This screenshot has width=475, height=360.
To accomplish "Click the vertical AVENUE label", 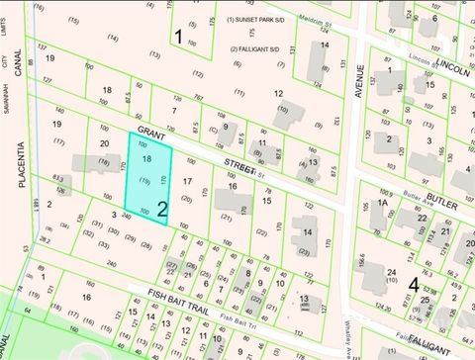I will tap(362, 89).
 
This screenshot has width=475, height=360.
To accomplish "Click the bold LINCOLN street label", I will tap(452, 70).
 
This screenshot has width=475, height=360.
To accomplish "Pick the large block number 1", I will tap(178, 38).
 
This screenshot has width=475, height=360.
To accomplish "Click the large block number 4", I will tap(413, 284).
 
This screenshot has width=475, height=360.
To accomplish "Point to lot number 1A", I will tap(380, 204).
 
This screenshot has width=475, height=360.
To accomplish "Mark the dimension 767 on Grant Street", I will tap(199, 99).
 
